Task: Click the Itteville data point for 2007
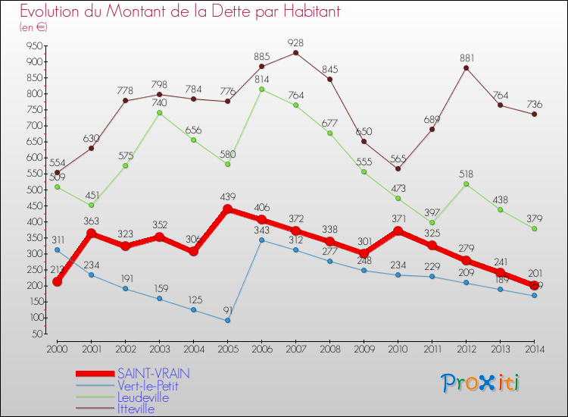(x=295, y=52)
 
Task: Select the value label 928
(x=296, y=42)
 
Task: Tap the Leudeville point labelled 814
(x=261, y=89)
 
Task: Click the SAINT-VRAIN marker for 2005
(x=227, y=209)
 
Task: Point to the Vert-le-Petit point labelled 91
(x=227, y=320)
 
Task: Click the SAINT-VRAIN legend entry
(x=154, y=373)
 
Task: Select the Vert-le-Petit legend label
(x=148, y=385)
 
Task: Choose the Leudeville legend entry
(x=143, y=397)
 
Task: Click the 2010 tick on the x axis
(x=398, y=349)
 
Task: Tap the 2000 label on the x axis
(x=57, y=349)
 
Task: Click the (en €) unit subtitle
(x=34, y=27)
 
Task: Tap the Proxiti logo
(x=480, y=383)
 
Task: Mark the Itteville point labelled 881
(x=466, y=67)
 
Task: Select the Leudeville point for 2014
(x=534, y=228)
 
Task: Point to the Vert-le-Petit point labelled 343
(x=261, y=240)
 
